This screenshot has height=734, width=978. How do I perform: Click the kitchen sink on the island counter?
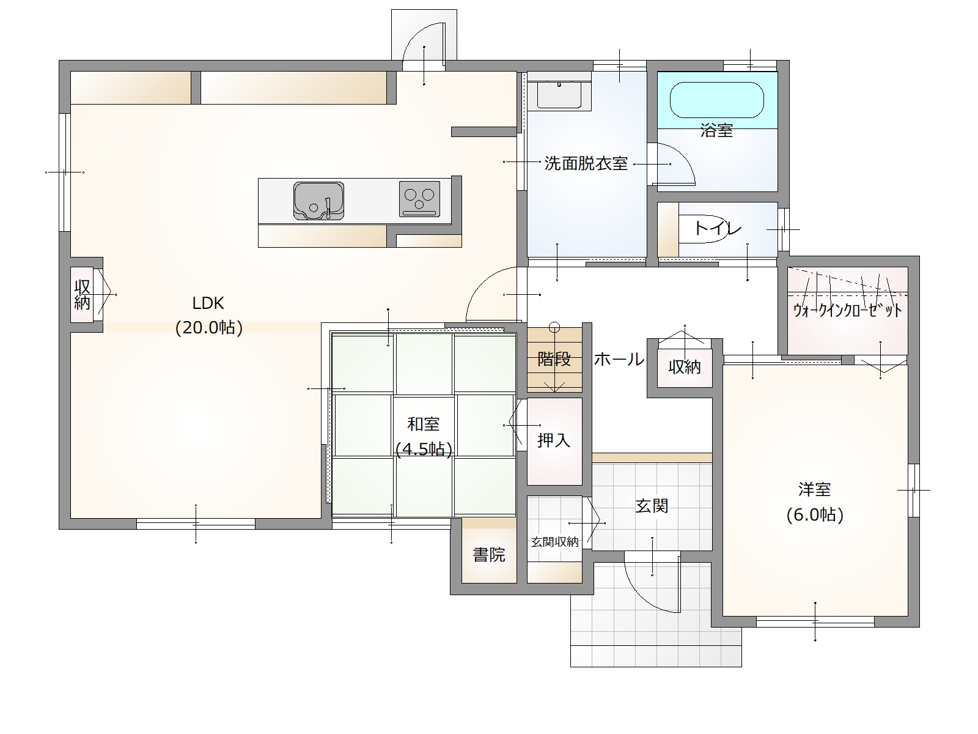[x=318, y=200]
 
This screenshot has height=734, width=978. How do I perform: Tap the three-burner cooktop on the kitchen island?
[x=419, y=199]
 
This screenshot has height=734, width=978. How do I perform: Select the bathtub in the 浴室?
[x=716, y=100]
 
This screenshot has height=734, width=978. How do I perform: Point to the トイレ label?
[x=717, y=229]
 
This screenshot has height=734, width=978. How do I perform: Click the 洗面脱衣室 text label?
[x=586, y=164]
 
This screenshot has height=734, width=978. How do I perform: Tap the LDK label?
[x=208, y=303]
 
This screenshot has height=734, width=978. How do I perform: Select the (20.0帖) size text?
[x=209, y=328]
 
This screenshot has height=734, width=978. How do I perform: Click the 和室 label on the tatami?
[x=423, y=423]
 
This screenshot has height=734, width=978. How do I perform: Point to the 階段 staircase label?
[x=554, y=359]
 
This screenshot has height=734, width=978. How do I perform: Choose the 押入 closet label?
[x=554, y=440]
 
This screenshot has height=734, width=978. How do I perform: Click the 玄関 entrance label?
[x=652, y=506]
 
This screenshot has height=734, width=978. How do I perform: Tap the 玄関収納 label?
[x=554, y=541]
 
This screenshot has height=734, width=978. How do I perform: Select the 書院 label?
[x=489, y=555]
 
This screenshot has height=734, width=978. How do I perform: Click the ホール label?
[x=619, y=359]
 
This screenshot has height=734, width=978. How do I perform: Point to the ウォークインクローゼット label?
[x=847, y=310]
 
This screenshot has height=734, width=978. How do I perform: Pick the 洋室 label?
[x=814, y=489]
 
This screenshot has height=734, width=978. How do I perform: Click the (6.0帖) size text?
[x=815, y=515]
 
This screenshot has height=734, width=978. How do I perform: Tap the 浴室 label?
[x=716, y=130]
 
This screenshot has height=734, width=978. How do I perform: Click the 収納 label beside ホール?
[x=684, y=368]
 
